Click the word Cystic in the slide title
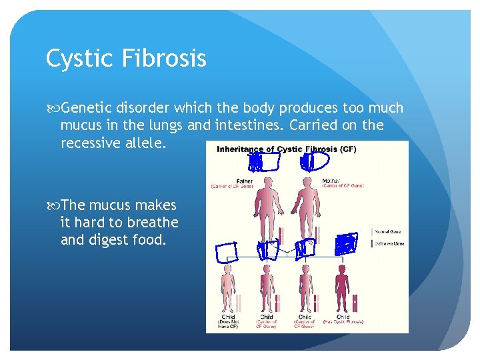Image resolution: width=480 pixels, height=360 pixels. [75, 59]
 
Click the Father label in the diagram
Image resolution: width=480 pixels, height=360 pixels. [245, 180]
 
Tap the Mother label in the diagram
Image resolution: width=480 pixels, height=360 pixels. [331, 180]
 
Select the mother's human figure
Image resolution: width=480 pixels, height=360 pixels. [307, 207]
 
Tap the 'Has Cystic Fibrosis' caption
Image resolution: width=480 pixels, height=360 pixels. [343, 322]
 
